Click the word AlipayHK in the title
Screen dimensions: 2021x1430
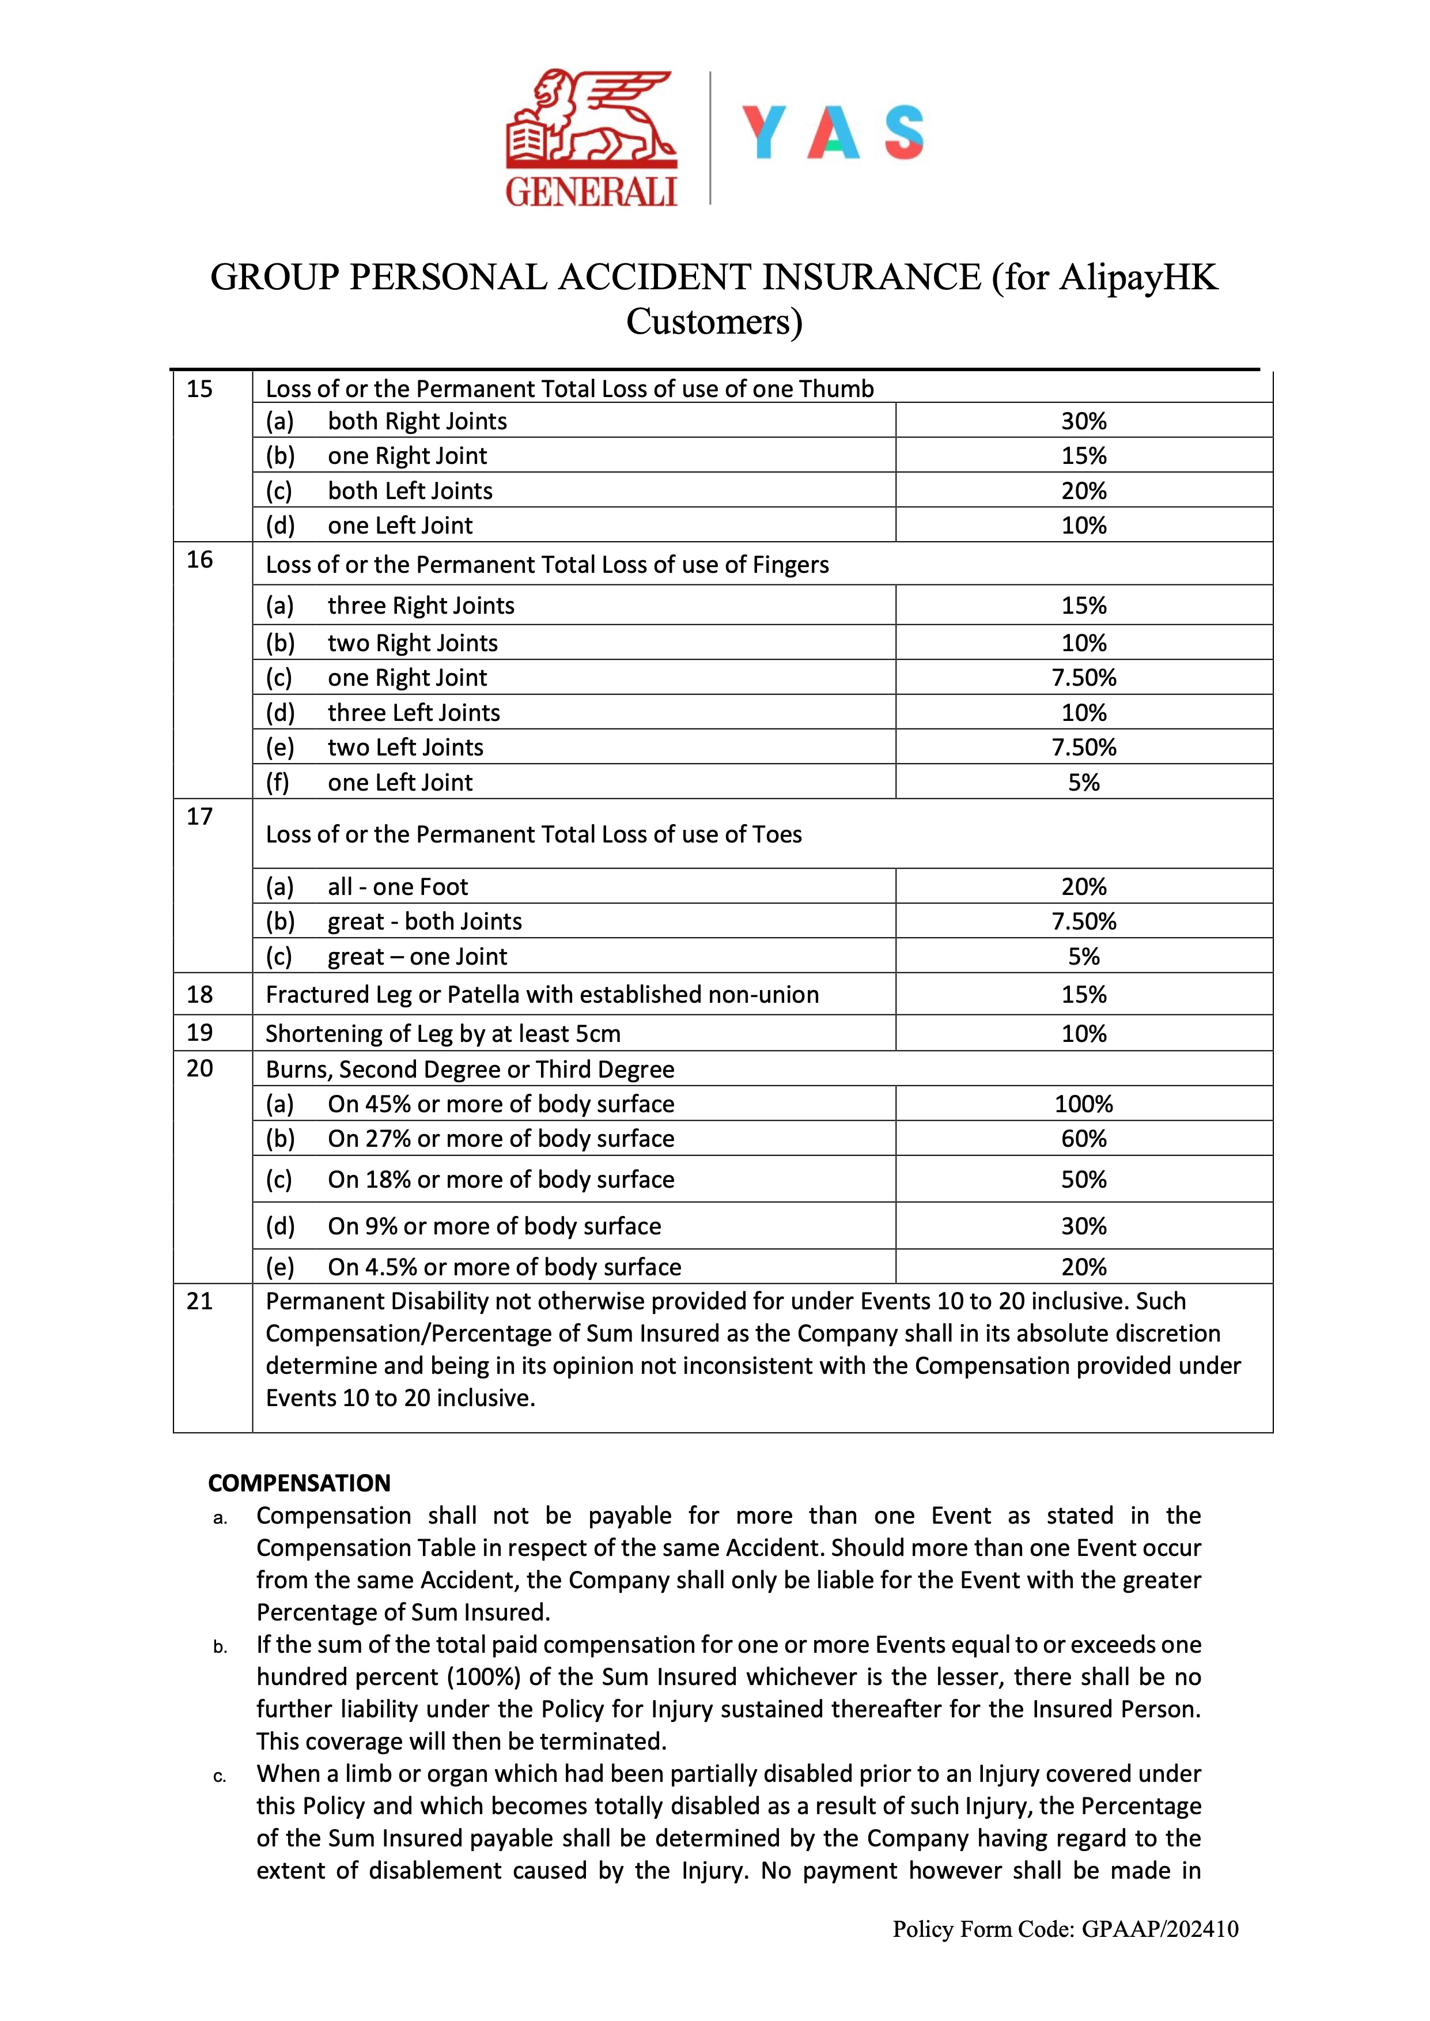pyautogui.click(x=1138, y=277)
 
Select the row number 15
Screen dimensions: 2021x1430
pyautogui.click(x=200, y=388)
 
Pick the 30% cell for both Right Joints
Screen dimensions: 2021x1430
pyautogui.click(x=1083, y=421)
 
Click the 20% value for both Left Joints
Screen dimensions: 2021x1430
pyautogui.click(x=1083, y=490)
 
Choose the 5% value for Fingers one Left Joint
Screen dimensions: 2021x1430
pyautogui.click(x=1083, y=782)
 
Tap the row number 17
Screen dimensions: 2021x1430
pyautogui.click(x=200, y=817)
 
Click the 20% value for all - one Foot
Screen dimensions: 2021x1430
pyautogui.click(x=1083, y=887)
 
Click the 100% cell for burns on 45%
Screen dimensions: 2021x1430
pyautogui.click(x=1083, y=1104)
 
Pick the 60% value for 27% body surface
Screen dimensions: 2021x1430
pyautogui.click(x=1083, y=1139)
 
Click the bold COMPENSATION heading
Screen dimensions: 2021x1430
pyautogui.click(x=300, y=1483)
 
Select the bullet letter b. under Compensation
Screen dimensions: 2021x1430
pyautogui.click(x=220, y=1647)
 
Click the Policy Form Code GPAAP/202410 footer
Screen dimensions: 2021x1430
pyautogui.click(x=1065, y=1929)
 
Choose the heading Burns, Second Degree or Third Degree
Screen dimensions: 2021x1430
pyautogui.click(x=470, y=1069)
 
